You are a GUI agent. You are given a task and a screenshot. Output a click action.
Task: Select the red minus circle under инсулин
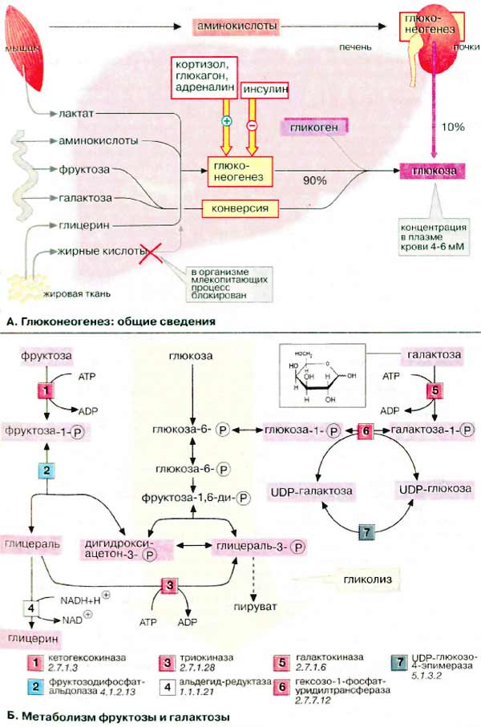coord(252,126)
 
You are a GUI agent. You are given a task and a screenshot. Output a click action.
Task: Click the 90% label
coord(314,180)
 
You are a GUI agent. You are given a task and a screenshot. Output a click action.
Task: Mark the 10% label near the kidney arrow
coord(453,128)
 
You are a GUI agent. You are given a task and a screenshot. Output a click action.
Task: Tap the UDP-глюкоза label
coord(435,488)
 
